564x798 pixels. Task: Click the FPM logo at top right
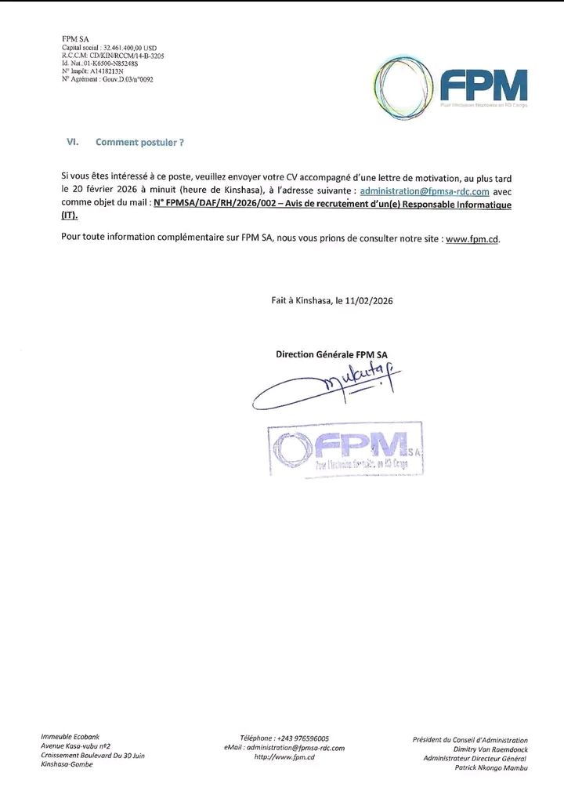[x=450, y=87]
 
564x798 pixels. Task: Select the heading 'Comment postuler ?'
[x=139, y=142]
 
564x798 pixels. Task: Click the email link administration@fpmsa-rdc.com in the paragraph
[x=425, y=191]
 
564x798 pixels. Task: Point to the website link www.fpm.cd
[x=472, y=238]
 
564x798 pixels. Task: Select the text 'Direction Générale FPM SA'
[x=331, y=354]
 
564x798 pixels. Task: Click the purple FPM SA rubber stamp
[x=345, y=449]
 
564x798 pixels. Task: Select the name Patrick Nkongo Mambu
[x=490, y=767]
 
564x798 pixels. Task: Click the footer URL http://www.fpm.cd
[x=284, y=756]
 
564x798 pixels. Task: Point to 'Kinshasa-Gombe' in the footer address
[x=67, y=764]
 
